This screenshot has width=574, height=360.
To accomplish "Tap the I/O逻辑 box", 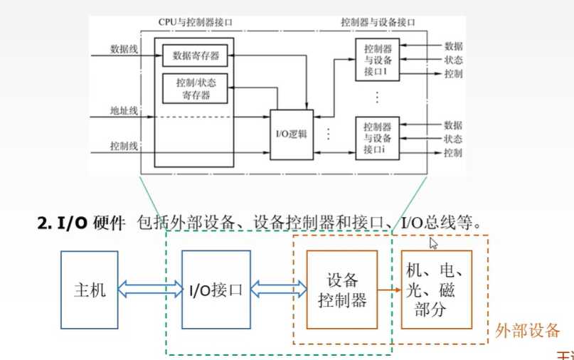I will click(291, 134).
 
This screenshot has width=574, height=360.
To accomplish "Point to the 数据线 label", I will click(124, 49).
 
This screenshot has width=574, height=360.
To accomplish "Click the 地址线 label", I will click(124, 112).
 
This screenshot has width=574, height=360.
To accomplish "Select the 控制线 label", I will click(124, 146).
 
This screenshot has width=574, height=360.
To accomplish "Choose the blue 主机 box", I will click(90, 290).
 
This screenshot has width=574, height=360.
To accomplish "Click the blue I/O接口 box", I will click(216, 290).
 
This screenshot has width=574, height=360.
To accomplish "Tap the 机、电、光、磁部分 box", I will click(436, 290).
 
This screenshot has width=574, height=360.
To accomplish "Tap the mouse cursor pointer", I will click(433, 243).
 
